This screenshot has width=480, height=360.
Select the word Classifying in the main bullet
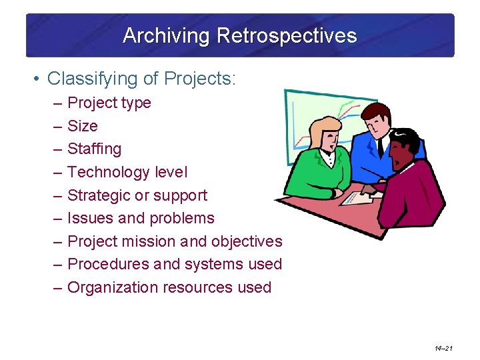pos(86,79)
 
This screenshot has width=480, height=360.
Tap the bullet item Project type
pos(109,103)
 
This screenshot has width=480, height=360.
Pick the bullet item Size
pos(83,126)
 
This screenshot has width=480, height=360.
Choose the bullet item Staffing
pos(94,149)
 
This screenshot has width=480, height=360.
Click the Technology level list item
pos(127,172)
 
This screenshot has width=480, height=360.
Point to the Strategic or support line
pos(137,195)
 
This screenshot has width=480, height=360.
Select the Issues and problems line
pos(141,218)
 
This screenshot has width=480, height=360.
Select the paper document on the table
pos(363,196)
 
